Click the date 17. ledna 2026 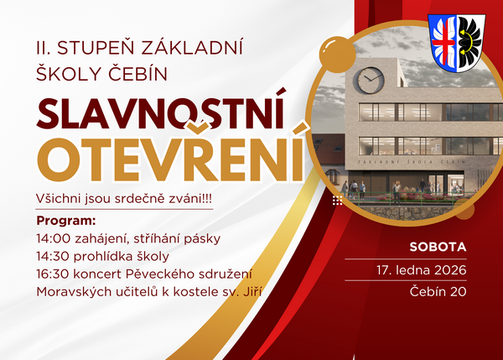click(x=421, y=270)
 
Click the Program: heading click(x=66, y=220)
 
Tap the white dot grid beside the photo click(x=337, y=201)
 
